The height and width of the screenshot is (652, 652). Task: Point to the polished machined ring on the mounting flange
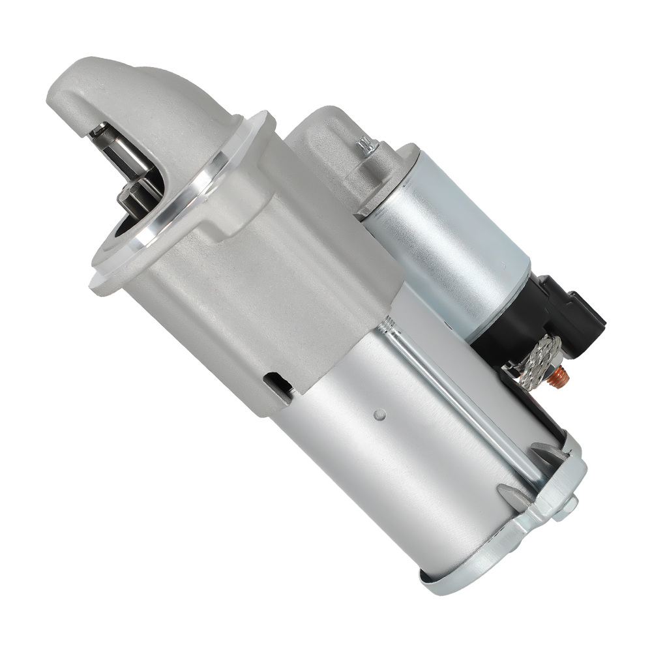coord(196,196)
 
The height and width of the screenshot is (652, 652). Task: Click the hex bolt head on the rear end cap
coord(570,504)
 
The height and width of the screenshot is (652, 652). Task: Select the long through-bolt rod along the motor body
coord(456,398)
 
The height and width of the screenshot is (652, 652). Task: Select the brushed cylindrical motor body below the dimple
coord(391,482)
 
